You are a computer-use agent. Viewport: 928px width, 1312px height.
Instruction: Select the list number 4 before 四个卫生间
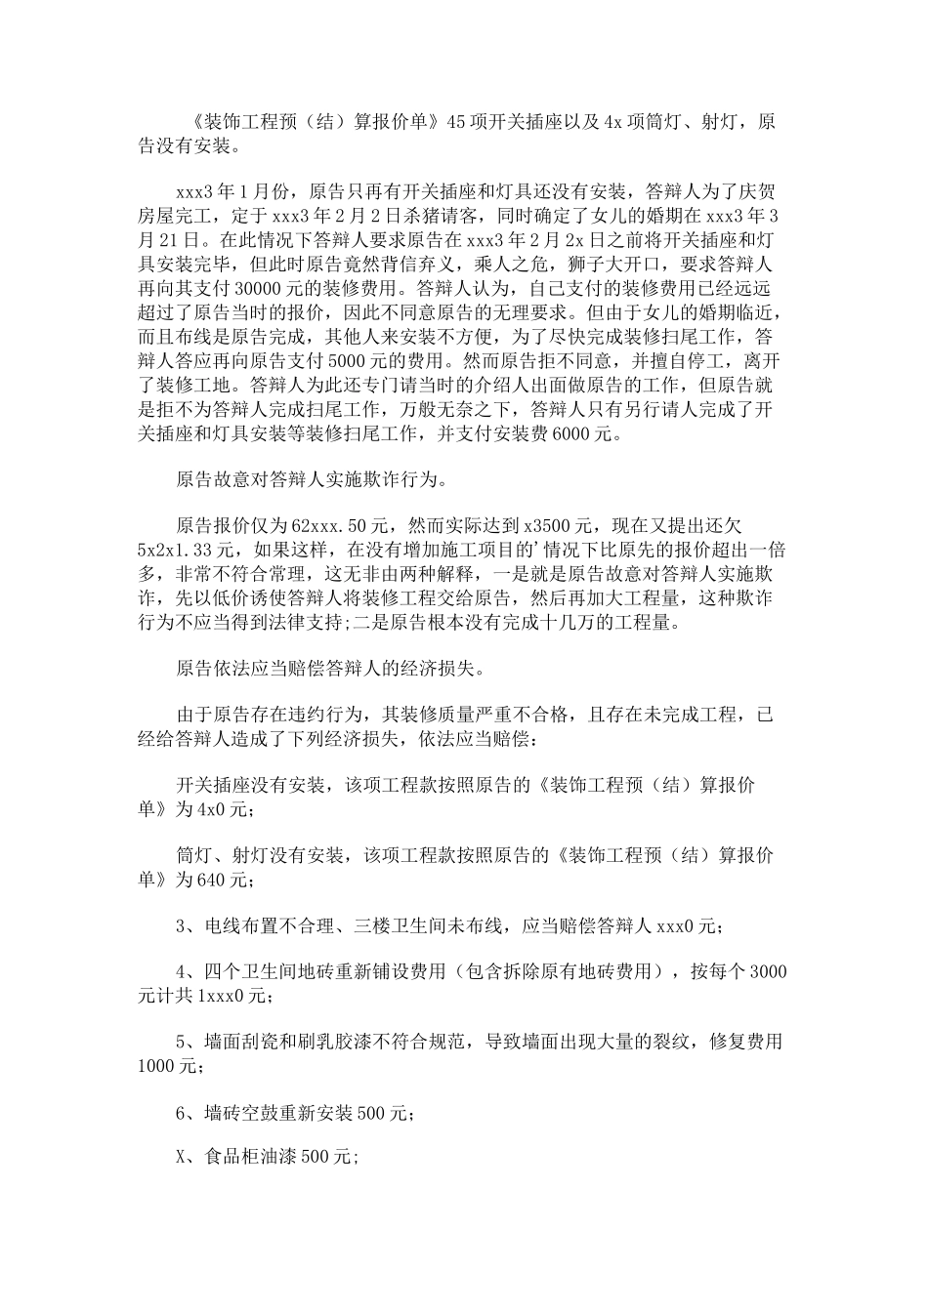(x=182, y=974)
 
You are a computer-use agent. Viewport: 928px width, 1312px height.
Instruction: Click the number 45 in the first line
(x=455, y=123)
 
